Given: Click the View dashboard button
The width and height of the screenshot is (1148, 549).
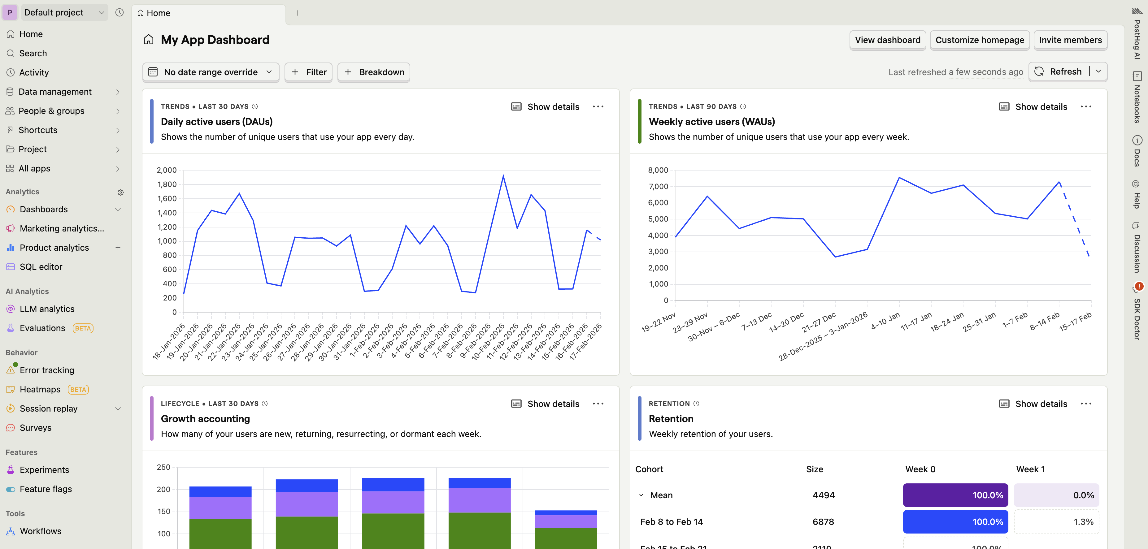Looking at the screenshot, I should coord(887,40).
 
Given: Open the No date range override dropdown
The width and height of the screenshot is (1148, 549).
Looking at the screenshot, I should coord(210,72).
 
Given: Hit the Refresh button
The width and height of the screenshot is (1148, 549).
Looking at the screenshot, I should coord(1059,72).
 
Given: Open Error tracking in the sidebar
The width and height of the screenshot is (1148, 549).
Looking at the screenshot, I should coord(47,370).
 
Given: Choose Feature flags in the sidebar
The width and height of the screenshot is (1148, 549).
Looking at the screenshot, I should coord(46,489).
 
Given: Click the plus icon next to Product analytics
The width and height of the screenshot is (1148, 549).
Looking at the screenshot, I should coord(118,248).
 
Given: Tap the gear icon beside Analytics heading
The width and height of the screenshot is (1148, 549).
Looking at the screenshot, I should coord(120,192).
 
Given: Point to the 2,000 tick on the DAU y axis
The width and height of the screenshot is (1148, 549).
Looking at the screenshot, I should coord(167,170).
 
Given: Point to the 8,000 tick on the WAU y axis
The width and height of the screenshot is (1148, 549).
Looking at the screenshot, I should coord(658,170).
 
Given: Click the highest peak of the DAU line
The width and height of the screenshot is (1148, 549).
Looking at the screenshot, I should coord(503,176).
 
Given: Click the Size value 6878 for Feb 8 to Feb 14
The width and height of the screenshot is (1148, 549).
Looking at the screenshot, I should coord(823,522).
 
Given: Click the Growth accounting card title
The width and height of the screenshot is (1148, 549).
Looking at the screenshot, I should coord(205,419).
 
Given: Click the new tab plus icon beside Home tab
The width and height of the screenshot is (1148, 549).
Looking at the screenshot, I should coord(298,13).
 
